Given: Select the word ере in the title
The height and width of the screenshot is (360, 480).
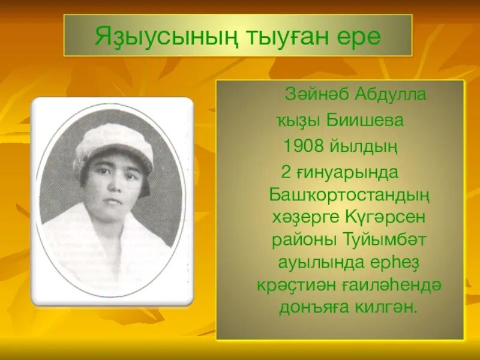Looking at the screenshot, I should click(x=358, y=37).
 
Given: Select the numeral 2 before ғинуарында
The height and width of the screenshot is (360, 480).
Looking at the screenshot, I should click(x=286, y=172).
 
